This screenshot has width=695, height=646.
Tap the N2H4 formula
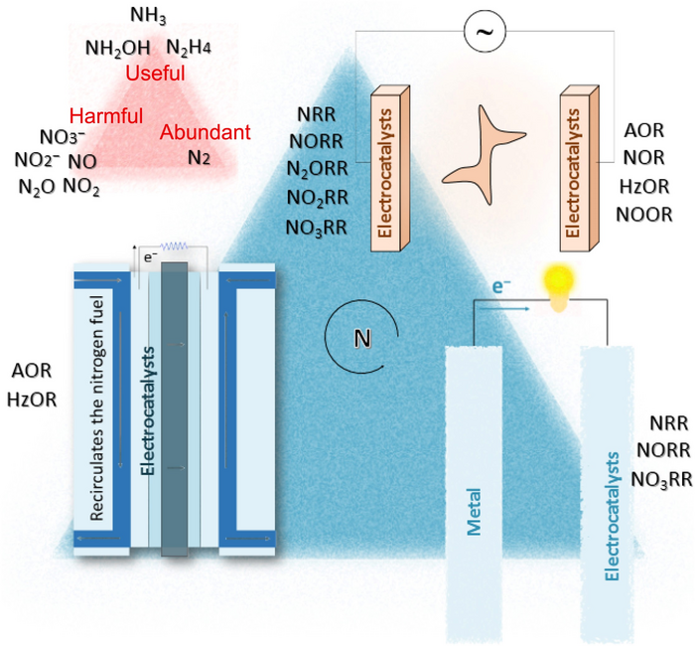188,47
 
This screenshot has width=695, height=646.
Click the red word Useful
155,74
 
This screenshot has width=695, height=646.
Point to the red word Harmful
106,115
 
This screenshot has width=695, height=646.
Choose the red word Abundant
206,132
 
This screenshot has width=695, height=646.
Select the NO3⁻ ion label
62,136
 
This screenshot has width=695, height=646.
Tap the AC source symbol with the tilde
486,34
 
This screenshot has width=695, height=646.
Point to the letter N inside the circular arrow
362,339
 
